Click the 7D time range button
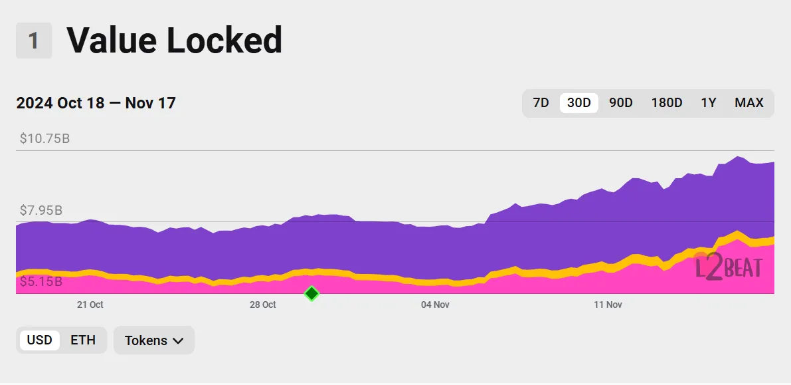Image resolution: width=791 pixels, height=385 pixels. [541, 103]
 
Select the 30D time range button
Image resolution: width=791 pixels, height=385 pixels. [578, 103]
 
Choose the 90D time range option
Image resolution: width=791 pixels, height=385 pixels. [620, 103]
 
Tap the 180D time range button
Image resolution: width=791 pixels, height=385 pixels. [666, 103]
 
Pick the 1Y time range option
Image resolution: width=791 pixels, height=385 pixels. [708, 103]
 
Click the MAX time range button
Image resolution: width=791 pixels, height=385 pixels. [748, 103]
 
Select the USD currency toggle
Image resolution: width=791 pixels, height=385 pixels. [39, 340]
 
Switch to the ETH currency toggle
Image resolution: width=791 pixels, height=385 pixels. [83, 340]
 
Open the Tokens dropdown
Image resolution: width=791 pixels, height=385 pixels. [154, 340]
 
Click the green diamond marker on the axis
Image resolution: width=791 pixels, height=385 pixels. [311, 293]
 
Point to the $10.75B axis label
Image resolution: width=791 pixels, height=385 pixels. [44, 139]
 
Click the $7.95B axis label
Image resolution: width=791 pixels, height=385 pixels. [41, 211]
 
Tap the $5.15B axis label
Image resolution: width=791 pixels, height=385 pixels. [41, 282]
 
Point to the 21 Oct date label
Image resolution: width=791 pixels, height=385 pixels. [90, 305]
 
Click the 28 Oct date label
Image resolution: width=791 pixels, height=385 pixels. [263, 305]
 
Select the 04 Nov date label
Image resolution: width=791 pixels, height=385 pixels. [436, 305]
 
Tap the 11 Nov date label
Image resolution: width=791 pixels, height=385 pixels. [608, 305]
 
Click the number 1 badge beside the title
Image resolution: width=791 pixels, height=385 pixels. [33, 41]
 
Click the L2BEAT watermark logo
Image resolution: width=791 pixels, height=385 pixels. [729, 267]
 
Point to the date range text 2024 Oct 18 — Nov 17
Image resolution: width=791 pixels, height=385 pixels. [96, 103]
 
